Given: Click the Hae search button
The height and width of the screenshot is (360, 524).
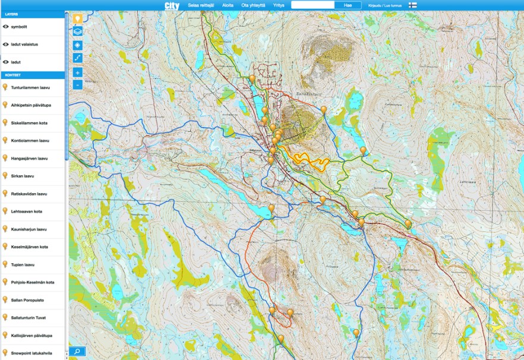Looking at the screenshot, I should coord(348,5).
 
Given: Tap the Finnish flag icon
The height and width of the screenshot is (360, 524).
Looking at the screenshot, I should coord(412,5).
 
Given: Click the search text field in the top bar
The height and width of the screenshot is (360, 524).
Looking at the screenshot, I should coord(312,5).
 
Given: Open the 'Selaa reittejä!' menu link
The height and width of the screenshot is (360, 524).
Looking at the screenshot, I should coord(201,5).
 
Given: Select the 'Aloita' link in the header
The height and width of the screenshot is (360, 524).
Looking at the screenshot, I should coord(228,5).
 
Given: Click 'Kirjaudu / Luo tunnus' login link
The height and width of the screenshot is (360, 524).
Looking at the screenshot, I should coord(385,5).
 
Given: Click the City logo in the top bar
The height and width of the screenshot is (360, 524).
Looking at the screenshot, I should coord(172,5).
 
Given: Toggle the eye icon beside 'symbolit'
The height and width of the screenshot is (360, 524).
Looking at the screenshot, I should coord(5,27).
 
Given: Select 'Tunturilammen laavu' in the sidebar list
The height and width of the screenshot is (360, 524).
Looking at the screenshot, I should coord(30,87).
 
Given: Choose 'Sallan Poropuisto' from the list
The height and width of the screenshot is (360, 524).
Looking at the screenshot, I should coord(27,300).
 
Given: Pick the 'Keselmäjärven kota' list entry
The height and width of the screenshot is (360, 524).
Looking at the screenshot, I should coord(29,247).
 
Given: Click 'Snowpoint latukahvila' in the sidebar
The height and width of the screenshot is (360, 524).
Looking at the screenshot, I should coord(31,353).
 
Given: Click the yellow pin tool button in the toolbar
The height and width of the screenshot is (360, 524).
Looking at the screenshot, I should coord(77,18).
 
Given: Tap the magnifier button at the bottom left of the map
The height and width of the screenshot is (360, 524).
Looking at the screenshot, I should coord(77,351).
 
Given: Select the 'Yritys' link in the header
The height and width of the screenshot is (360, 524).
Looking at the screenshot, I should coord(279,5).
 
